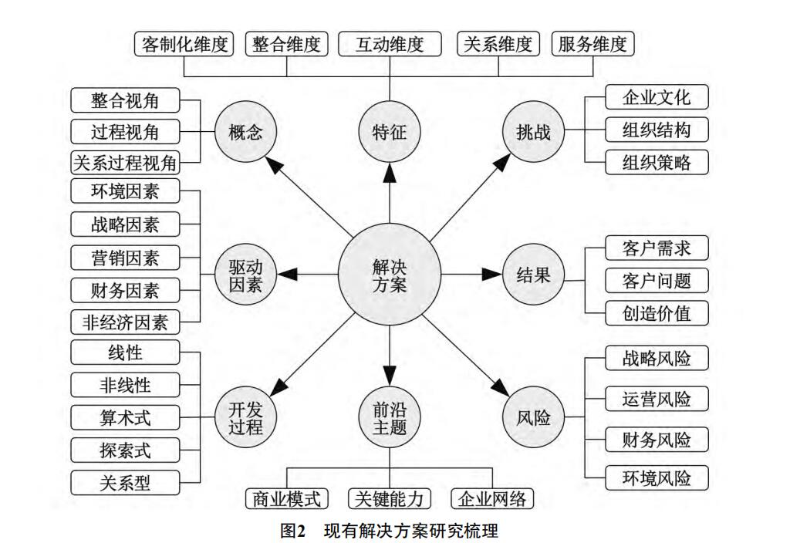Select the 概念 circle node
click(x=246, y=132)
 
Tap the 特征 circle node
click(x=390, y=132)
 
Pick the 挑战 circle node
click(x=533, y=132)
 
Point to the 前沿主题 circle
click(x=390, y=418)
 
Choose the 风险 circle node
click(x=533, y=418)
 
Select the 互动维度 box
click(x=390, y=44)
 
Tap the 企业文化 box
click(x=656, y=98)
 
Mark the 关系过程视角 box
click(x=125, y=164)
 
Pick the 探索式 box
click(x=125, y=450)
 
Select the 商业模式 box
click(x=286, y=499)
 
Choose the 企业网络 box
click(x=492, y=499)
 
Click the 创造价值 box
click(x=656, y=313)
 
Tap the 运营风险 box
click(x=656, y=400)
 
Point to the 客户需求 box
click(x=656, y=248)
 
